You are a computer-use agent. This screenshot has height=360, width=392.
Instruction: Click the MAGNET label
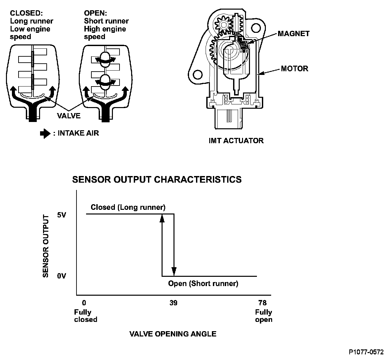point(294,33)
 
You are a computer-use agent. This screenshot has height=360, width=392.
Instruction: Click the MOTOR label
point(294,69)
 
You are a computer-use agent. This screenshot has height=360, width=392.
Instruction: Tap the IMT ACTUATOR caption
point(236,141)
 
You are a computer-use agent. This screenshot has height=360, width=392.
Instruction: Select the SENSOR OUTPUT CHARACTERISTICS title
point(157,180)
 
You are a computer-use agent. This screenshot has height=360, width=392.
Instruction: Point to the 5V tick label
point(62,215)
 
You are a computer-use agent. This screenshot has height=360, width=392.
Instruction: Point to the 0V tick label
point(62,276)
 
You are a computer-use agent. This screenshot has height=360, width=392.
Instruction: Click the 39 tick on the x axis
point(173,303)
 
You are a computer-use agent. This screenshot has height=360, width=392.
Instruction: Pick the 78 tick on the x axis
point(262,303)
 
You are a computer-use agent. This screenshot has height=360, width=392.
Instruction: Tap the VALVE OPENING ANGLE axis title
point(173,334)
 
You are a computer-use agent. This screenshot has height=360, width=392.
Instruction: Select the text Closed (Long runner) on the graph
point(128,208)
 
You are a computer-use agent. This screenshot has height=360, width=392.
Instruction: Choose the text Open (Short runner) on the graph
point(203,283)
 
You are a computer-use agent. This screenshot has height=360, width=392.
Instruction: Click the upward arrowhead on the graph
point(162,218)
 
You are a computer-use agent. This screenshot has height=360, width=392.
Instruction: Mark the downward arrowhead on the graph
point(174,271)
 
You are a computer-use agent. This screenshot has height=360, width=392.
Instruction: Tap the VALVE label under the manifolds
point(69,116)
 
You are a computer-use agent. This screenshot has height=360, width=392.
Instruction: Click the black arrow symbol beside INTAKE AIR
point(45,133)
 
